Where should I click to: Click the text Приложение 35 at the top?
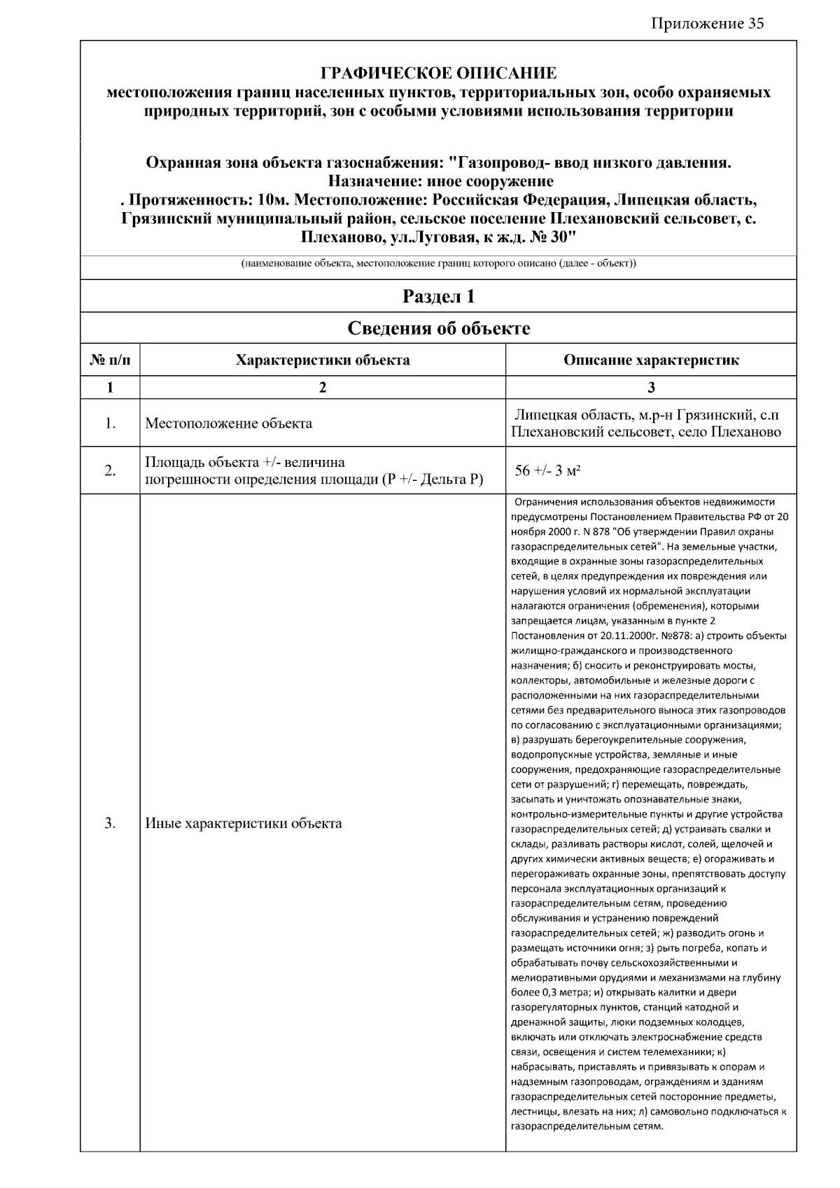coord(707,24)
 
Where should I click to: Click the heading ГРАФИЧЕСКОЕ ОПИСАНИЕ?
coord(438,74)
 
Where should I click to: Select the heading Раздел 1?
coord(438,297)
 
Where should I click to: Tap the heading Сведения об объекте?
coord(438,328)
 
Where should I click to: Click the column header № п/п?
coord(110,361)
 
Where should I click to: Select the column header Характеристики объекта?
coord(323,361)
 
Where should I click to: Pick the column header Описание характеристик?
coord(651,361)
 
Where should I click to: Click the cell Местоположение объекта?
coord(228,424)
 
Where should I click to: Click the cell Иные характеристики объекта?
coord(243,823)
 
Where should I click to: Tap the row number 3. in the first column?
coord(110,823)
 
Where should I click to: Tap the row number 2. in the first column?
coord(110,470)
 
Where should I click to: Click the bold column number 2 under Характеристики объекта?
coord(323,388)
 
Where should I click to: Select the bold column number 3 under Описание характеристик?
coord(651,388)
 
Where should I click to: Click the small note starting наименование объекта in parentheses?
coord(438,264)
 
